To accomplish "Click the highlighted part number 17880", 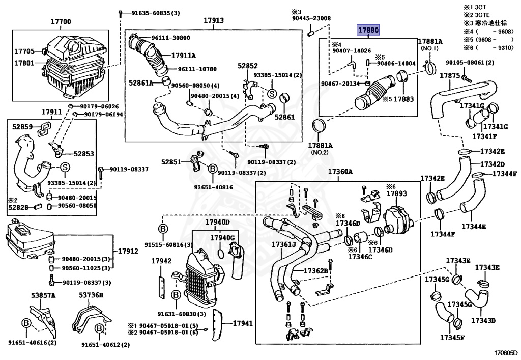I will click(368, 31).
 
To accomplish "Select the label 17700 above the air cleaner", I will click(61, 22).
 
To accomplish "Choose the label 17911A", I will click(184, 55).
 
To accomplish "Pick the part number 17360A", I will click(340, 172).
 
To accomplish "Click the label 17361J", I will click(283, 245).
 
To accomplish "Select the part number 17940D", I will click(217, 223).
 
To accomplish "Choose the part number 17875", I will click(450, 75).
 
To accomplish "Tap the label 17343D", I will click(483, 321).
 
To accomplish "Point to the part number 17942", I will click(161, 261).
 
